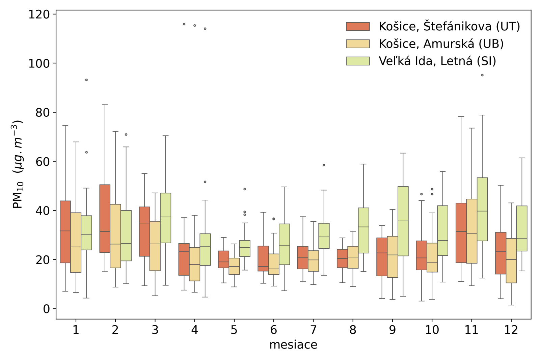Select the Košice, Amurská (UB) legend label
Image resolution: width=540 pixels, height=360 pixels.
pos(441,44)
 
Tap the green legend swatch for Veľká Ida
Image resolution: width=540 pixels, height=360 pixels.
pos(358,61)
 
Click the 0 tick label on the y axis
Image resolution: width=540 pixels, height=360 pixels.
pos(46,309)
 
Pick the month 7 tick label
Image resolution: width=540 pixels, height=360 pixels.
pos(313,330)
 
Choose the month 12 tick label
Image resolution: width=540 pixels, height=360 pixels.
pos(511,330)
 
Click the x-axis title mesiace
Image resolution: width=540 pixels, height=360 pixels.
pos(293,345)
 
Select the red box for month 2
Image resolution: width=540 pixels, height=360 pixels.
pos(105,218)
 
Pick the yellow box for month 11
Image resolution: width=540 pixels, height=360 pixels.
pos(471,231)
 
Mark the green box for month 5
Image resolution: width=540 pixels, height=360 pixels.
pos(245,248)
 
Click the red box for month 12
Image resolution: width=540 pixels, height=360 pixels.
pos(501,253)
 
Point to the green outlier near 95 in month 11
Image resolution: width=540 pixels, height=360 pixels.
pos(482,75)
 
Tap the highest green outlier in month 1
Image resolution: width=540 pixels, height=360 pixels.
pos(86,80)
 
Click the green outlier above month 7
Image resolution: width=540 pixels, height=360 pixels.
pos(324,165)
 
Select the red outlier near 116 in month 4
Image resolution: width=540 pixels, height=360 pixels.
pos(184,24)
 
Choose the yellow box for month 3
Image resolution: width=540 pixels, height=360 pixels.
pos(155,246)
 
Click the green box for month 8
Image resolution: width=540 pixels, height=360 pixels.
pos(363,230)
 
